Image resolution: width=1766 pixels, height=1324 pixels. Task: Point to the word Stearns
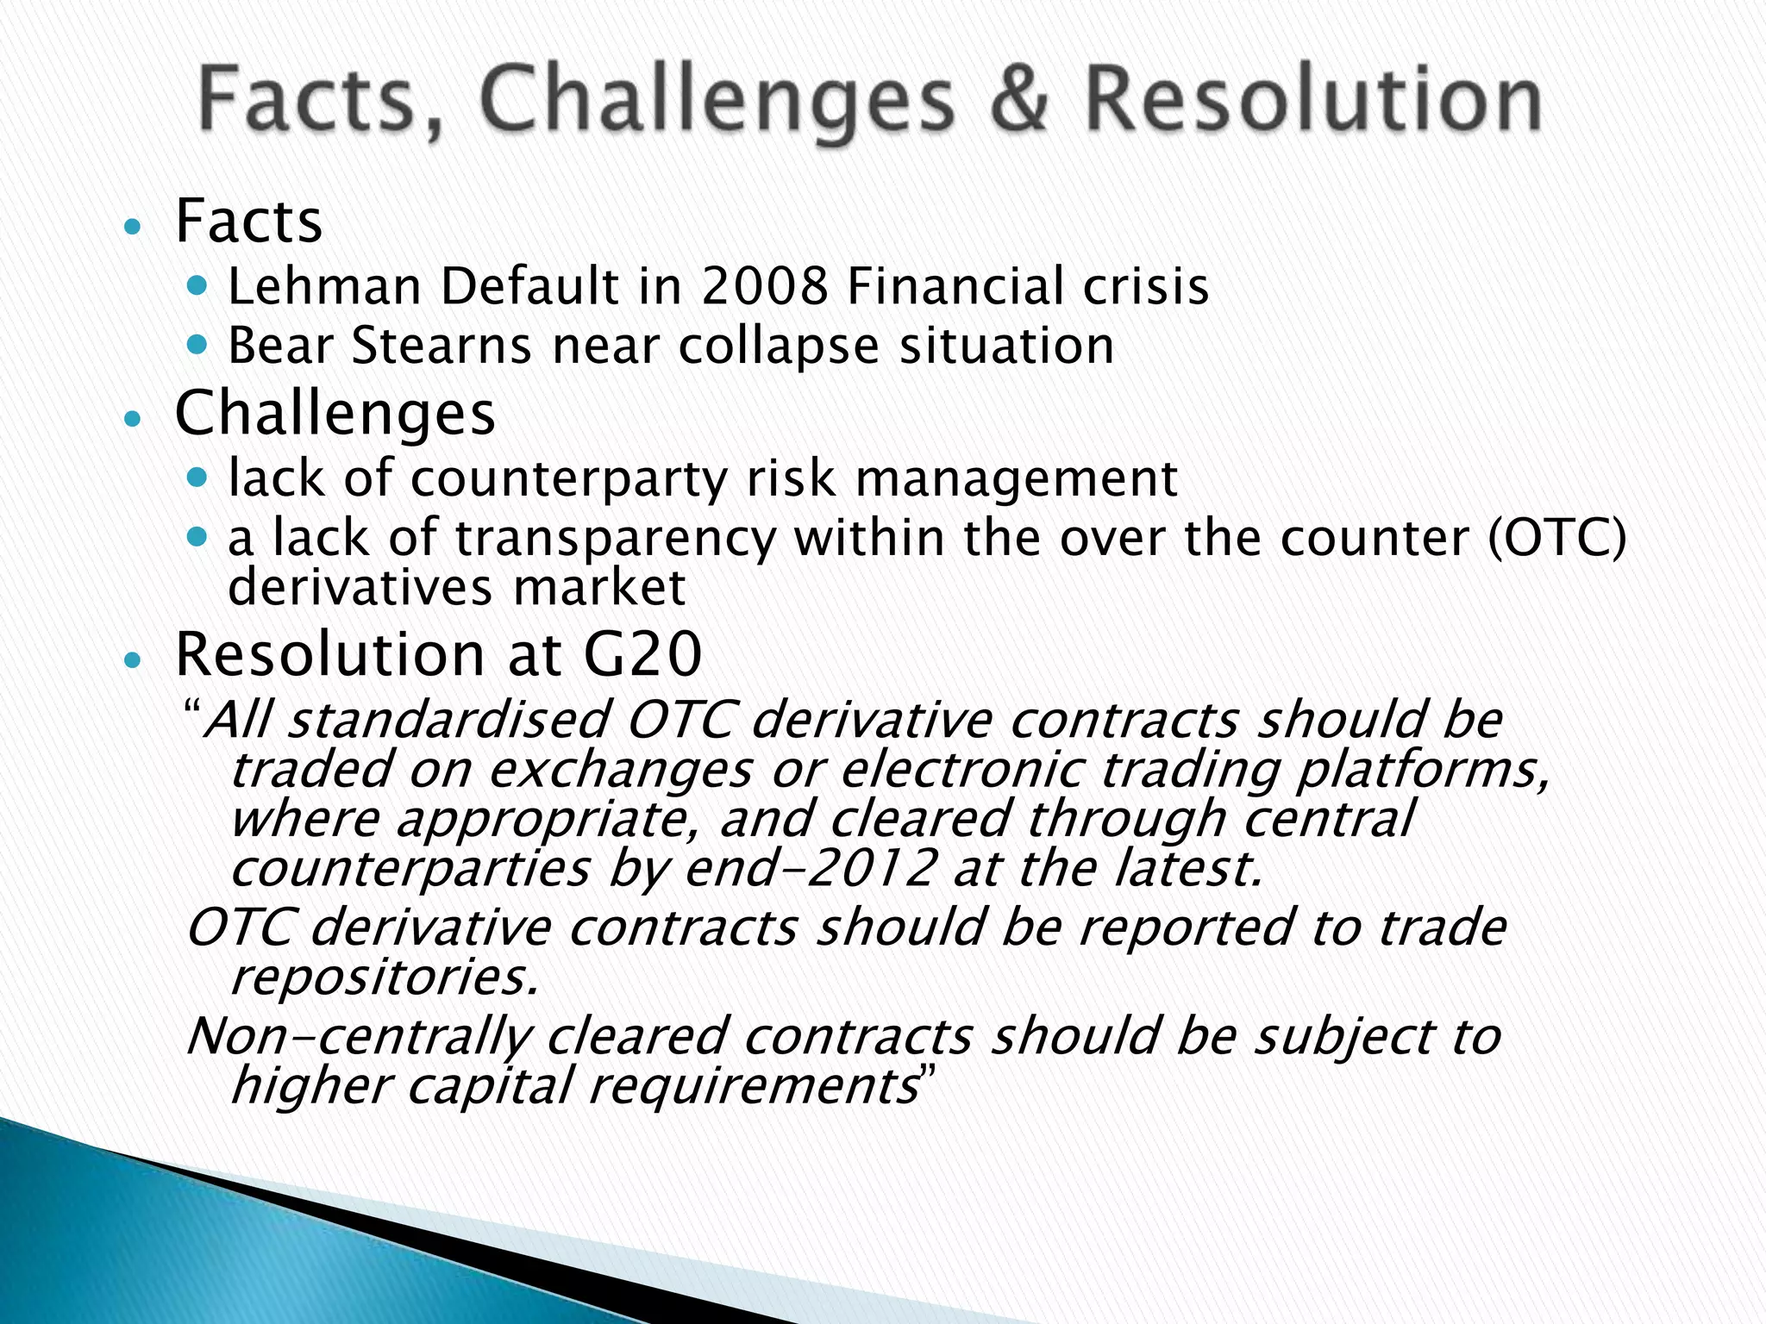(x=441, y=347)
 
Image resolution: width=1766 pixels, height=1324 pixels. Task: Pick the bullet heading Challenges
(x=335, y=414)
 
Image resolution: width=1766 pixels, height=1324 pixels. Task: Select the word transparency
(x=616, y=540)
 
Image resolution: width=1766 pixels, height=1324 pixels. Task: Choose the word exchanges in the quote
(x=621, y=770)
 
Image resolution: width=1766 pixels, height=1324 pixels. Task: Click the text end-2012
(x=810, y=868)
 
